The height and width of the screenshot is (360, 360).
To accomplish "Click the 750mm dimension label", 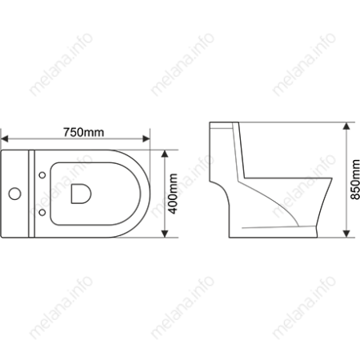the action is tap(83, 132).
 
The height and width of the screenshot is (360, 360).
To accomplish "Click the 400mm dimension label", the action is tap(173, 194).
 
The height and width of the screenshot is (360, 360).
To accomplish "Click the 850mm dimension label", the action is tap(355, 179).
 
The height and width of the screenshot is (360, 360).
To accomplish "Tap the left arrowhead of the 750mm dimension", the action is tap(5, 138).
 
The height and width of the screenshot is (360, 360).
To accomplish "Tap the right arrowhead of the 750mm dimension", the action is tap(146, 138).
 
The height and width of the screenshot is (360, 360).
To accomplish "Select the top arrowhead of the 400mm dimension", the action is tap(165, 154).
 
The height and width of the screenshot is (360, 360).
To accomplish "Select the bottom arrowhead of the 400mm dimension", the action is tap(165, 234).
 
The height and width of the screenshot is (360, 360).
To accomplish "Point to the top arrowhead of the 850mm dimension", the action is tap(346, 126).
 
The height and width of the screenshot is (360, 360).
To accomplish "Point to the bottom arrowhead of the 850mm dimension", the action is tap(346, 234).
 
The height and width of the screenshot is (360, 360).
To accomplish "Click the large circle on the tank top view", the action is tap(14, 194).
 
